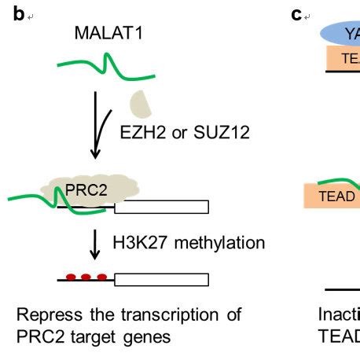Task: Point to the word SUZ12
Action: pyautogui.click(x=227, y=131)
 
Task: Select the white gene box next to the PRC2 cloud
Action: pyautogui.click(x=162, y=207)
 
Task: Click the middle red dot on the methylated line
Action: pyautogui.click(x=86, y=277)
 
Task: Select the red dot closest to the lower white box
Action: pyautogui.click(x=102, y=277)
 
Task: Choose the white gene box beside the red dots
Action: pyautogui.click(x=162, y=279)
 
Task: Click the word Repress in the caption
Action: pyautogui.click(x=45, y=315)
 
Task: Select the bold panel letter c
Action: pyautogui.click(x=296, y=14)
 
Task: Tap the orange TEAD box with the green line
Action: pyautogui.click(x=332, y=196)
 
